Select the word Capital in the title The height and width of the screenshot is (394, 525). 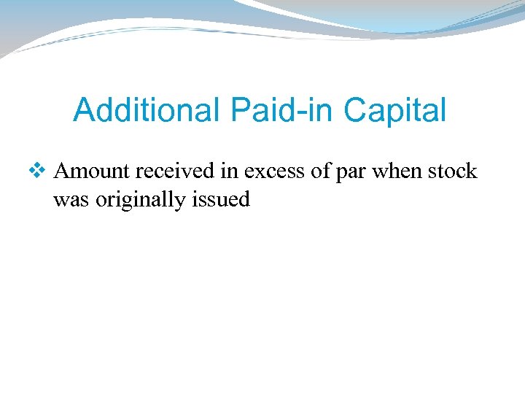tap(394, 111)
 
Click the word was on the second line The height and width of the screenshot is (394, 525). tap(71, 200)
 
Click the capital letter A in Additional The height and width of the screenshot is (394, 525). tap(84, 111)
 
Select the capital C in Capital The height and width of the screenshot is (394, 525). tap(356, 111)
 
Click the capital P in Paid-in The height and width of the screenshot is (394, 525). tap(241, 111)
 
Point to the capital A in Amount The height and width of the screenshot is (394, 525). tap(63, 171)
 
